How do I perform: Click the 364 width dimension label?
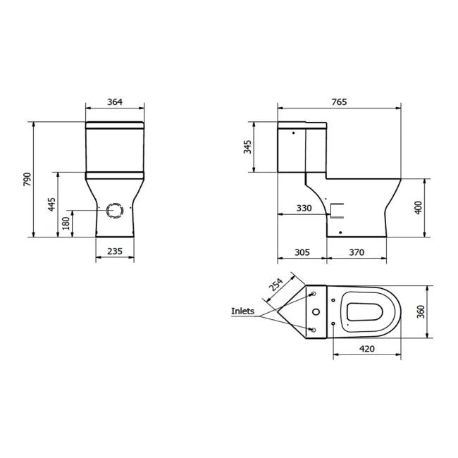click(x=114, y=102)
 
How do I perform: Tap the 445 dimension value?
click(x=51, y=204)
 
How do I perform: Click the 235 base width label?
click(x=114, y=251)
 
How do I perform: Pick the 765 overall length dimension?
click(x=339, y=102)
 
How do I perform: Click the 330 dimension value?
click(x=304, y=208)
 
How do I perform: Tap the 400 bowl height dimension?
click(x=419, y=207)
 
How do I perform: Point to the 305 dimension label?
click(x=302, y=252)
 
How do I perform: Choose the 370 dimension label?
click(x=357, y=252)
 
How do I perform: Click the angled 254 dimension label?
click(x=276, y=285)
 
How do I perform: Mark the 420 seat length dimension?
click(x=366, y=347)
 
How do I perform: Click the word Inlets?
click(x=243, y=311)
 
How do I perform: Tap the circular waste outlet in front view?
click(x=114, y=209)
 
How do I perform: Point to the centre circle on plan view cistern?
click(x=316, y=312)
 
